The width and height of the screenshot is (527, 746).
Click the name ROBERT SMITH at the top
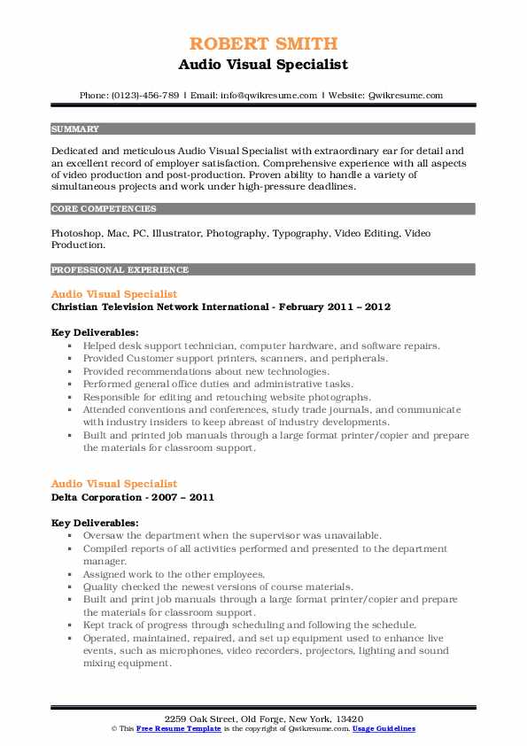click(263, 44)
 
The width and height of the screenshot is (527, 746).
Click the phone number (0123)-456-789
click(144, 95)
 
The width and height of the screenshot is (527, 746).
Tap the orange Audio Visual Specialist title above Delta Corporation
click(114, 484)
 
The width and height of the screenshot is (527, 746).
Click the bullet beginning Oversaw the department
click(232, 535)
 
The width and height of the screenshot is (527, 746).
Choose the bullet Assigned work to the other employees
click(174, 573)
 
